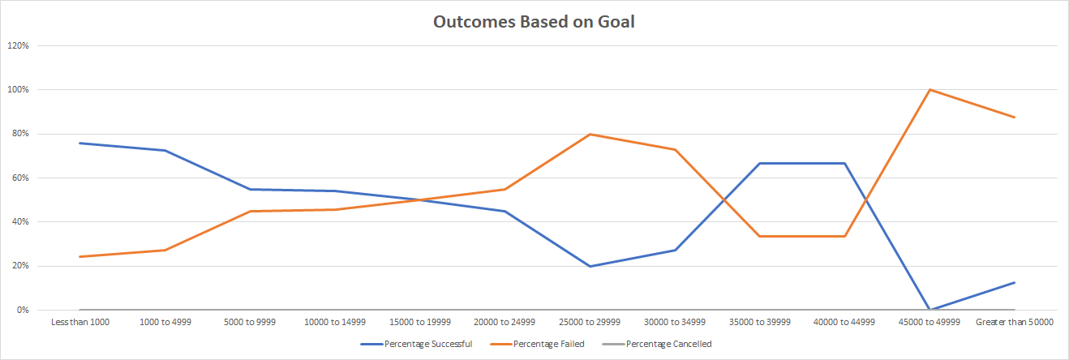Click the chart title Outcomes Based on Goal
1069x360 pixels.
[x=533, y=22]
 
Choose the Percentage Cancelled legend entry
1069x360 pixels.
[x=668, y=344]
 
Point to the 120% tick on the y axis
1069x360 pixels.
[x=19, y=45]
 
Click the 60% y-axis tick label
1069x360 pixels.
[x=20, y=178]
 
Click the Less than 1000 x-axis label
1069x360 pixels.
[x=79, y=322]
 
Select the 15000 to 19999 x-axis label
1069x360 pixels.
[x=420, y=322]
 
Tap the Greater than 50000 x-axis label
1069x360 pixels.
[x=1015, y=322]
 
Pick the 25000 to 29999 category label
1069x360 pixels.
[x=590, y=322]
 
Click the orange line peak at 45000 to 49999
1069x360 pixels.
[x=929, y=89]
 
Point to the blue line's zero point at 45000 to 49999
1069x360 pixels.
[x=929, y=310]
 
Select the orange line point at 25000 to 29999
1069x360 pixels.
[x=590, y=134]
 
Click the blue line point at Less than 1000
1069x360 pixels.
[x=79, y=143]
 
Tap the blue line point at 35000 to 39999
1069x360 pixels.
[x=760, y=163]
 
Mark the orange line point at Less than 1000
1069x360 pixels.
[x=79, y=256]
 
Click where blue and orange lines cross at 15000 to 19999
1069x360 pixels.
[x=420, y=199]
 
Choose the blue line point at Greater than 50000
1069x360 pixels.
[x=1015, y=282]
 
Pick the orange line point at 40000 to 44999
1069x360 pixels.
[x=844, y=236]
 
